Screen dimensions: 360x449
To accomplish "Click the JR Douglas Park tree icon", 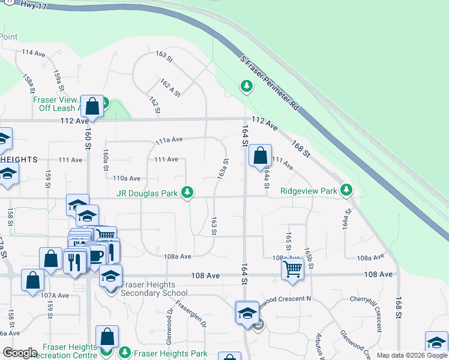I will (x=188, y=193).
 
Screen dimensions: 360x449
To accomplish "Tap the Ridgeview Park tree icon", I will (x=346, y=190).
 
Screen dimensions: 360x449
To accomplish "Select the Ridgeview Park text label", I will (x=308, y=192).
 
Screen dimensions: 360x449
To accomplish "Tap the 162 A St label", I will (x=170, y=87).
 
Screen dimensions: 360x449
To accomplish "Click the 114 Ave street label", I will (x=34, y=53).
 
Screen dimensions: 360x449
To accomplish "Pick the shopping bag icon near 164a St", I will (x=260, y=156).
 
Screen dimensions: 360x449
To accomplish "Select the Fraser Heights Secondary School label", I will (x=155, y=289).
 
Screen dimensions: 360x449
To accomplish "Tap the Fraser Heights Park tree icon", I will (x=125, y=352).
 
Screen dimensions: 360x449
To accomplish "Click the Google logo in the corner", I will (x=20, y=353).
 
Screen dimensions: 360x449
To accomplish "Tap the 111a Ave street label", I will (x=169, y=140).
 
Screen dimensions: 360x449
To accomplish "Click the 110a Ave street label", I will (x=127, y=178).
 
